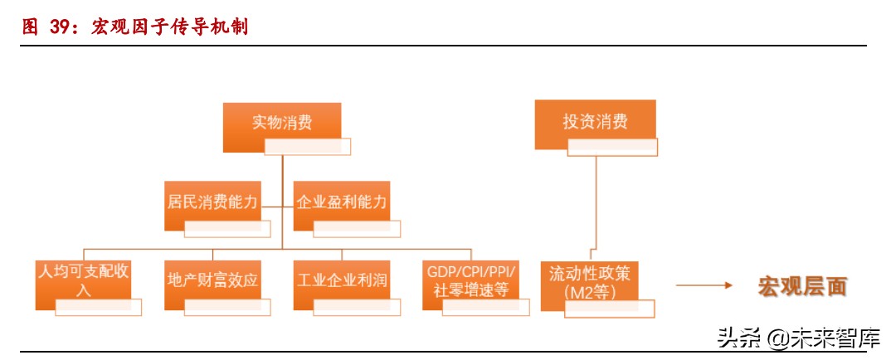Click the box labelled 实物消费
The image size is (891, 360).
[x=282, y=123]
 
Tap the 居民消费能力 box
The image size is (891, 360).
[x=212, y=201]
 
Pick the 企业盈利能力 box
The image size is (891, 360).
[x=341, y=201]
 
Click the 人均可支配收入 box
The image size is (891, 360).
[x=82, y=280]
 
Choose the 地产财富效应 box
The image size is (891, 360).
[x=212, y=280]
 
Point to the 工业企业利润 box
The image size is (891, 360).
[x=341, y=280]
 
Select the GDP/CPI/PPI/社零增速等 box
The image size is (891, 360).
[x=470, y=280]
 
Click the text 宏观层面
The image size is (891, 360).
[x=801, y=286]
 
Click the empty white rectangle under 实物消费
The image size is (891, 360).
[x=307, y=147]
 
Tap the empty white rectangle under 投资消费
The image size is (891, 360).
[x=612, y=148]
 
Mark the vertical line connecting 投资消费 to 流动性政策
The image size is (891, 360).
[x=594, y=203]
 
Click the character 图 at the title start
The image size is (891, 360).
[x=30, y=27]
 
